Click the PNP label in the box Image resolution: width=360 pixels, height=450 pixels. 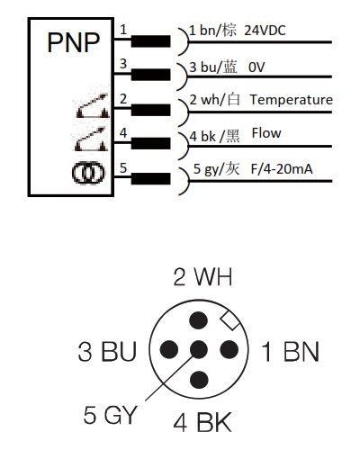[74, 42]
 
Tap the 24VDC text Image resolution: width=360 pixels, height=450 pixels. [265, 31]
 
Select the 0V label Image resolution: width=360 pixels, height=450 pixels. [256, 67]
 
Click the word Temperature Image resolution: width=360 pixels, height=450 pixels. [292, 100]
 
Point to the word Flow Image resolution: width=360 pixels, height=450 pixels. [266, 133]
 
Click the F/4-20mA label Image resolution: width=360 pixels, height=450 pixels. [282, 169]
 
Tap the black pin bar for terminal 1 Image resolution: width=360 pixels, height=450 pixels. [150, 41]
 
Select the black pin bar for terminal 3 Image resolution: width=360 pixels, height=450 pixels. [150, 75]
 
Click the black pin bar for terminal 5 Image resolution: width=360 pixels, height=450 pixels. [150, 178]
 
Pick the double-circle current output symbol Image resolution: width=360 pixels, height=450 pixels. [88, 173]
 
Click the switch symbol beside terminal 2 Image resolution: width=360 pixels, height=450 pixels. [93, 105]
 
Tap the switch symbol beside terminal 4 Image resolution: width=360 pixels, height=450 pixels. [91, 139]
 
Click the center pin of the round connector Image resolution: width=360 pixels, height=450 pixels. [199, 350]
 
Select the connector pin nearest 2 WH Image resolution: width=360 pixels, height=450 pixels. [199, 320]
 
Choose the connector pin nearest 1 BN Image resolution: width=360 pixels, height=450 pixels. [229, 350]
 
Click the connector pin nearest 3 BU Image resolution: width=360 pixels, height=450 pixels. [169, 350]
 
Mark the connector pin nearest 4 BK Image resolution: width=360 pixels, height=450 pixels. [199, 380]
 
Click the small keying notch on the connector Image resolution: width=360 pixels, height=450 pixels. [229, 321]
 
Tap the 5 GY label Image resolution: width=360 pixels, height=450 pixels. [110, 415]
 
